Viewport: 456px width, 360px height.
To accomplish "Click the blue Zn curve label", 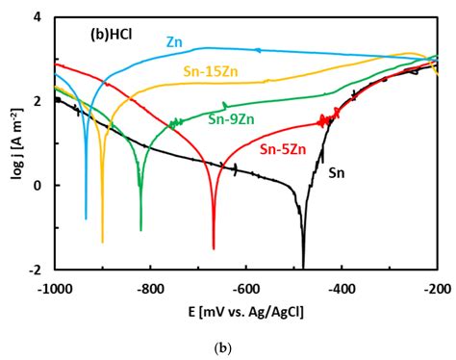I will click(x=174, y=42).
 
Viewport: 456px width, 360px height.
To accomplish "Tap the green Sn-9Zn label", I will click(x=231, y=119).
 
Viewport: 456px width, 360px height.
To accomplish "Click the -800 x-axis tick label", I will click(x=151, y=287).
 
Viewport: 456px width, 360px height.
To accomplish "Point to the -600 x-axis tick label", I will click(x=247, y=287).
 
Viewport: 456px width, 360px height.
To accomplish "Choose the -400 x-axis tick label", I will click(x=343, y=287).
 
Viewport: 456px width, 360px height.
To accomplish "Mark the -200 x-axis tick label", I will click(x=436, y=287).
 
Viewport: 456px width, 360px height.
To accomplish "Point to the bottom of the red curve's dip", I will click(x=214, y=248).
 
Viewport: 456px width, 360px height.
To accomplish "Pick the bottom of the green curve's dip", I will click(x=140, y=229).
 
